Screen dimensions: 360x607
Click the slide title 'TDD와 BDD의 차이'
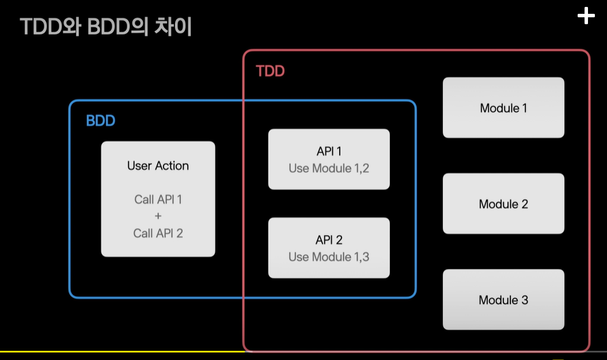point(106,28)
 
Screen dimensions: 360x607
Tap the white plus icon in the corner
point(586,17)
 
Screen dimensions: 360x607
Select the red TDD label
point(270,71)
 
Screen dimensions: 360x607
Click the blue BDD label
point(101,121)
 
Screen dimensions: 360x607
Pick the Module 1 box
point(503,108)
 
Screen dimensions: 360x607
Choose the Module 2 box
point(503,204)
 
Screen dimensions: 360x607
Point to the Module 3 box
point(503,300)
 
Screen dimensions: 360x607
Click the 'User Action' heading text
point(158,166)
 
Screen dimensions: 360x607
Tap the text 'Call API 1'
point(158,199)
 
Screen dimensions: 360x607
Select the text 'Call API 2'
point(158,233)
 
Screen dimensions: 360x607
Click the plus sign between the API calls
point(158,216)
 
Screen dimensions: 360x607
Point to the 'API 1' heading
point(329,151)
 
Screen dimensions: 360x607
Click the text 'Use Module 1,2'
point(329,168)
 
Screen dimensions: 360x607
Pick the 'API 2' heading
point(329,240)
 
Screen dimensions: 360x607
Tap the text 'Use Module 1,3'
point(329,257)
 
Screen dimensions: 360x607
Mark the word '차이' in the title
point(173,28)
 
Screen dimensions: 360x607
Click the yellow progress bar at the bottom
point(121,351)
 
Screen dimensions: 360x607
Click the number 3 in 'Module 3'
point(524,300)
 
